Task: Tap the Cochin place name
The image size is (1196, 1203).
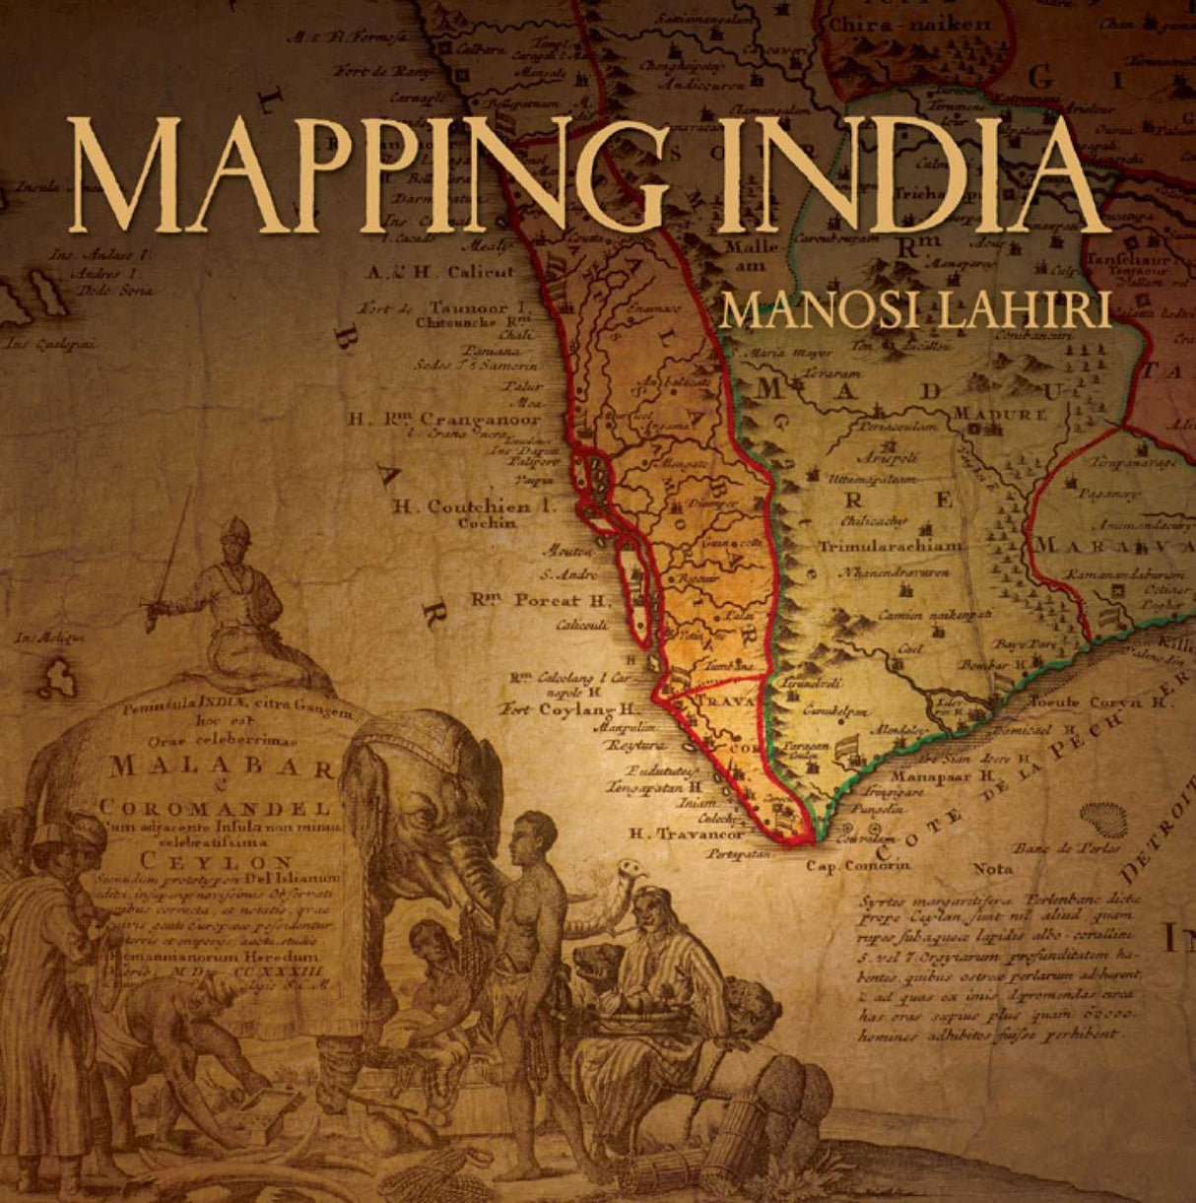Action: tap(487, 523)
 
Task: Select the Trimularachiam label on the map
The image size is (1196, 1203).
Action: tap(890, 545)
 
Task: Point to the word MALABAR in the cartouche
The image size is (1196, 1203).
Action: tap(223, 766)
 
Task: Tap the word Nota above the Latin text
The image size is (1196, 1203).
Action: tap(992, 869)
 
